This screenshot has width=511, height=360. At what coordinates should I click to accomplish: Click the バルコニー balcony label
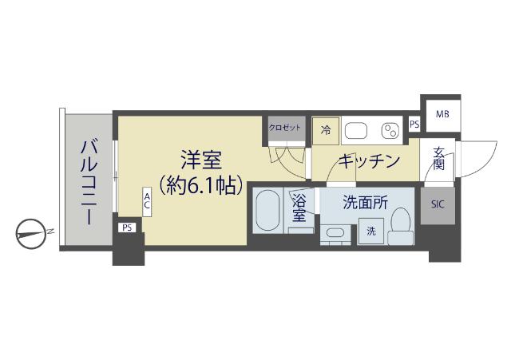89,181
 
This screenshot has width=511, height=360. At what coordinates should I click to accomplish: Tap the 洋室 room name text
200,159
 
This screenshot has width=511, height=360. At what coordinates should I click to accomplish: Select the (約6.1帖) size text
200,186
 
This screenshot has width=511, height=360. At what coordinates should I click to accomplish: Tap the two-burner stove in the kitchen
391,130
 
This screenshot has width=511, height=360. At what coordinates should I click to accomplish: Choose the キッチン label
368,160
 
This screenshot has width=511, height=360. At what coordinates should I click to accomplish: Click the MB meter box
442,114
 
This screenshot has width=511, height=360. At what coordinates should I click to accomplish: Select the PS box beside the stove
414,125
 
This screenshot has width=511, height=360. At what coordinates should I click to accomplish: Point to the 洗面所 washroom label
365,203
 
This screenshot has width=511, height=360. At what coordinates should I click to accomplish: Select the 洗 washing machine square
371,231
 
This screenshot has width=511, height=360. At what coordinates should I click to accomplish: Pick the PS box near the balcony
126,228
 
